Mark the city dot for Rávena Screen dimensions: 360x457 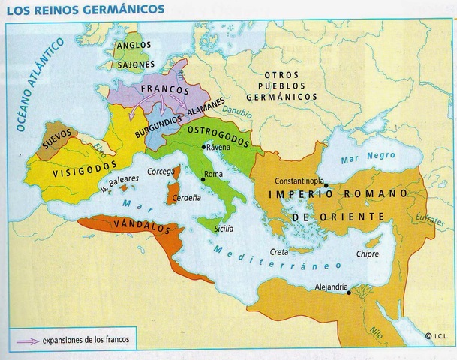pos(203,148)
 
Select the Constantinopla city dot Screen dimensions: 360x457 pos(326,184)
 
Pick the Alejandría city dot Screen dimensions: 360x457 pos(350,293)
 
